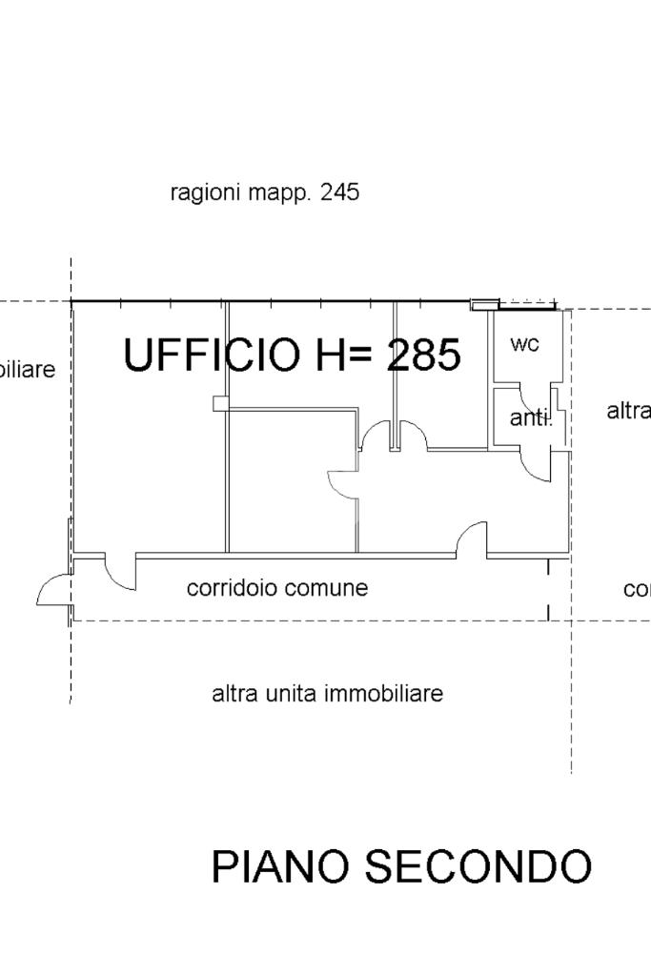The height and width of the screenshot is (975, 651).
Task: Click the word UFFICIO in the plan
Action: click(211, 355)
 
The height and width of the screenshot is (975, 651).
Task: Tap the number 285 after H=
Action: click(424, 355)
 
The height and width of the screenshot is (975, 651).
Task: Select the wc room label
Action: click(524, 344)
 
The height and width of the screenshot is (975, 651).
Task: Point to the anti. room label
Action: click(530, 417)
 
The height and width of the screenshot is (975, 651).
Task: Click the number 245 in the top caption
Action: click(340, 193)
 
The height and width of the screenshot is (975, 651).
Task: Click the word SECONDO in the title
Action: click(478, 866)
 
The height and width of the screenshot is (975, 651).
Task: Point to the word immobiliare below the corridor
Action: click(384, 694)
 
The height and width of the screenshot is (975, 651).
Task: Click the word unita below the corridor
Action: click(292, 694)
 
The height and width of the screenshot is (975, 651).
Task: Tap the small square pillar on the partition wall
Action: click(220, 403)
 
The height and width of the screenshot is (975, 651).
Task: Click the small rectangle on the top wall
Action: click(484, 305)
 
